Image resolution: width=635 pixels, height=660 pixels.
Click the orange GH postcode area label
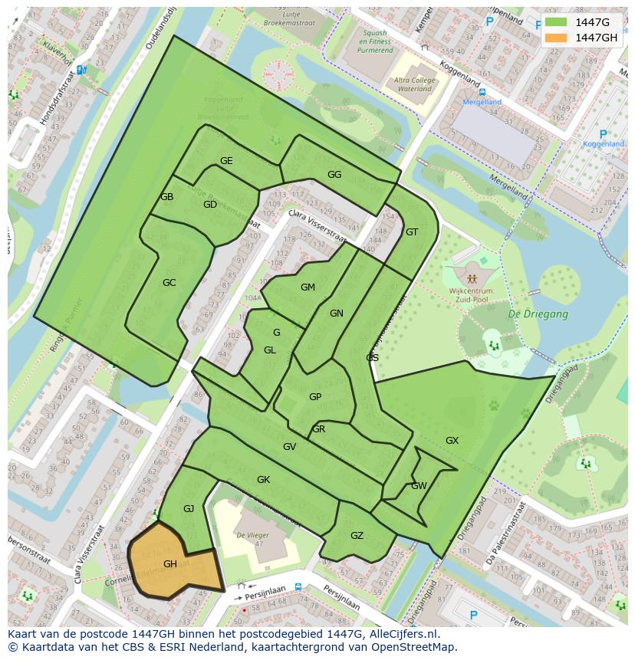click(x=170, y=563)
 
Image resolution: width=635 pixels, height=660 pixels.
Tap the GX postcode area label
click(x=452, y=440)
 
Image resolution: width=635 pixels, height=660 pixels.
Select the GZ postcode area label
click(x=357, y=535)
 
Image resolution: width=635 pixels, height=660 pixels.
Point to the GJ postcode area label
click(x=189, y=508)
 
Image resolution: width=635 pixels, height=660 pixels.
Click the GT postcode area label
click(x=412, y=231)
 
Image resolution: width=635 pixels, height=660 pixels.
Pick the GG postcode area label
click(x=334, y=174)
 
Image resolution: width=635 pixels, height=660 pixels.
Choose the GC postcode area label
click(x=169, y=282)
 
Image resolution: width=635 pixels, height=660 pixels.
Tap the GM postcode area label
click(x=308, y=287)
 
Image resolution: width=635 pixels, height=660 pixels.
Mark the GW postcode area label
click(x=419, y=485)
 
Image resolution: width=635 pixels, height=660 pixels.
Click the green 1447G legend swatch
click(x=556, y=23)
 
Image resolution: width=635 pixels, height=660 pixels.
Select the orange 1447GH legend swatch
click(x=556, y=38)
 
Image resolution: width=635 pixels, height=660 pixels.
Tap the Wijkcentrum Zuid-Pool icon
click(x=471, y=277)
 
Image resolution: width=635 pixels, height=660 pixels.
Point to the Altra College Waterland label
click(x=414, y=84)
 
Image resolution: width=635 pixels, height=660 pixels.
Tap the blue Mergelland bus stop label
click(x=481, y=101)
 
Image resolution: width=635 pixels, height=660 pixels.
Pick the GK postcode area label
click(x=263, y=479)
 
